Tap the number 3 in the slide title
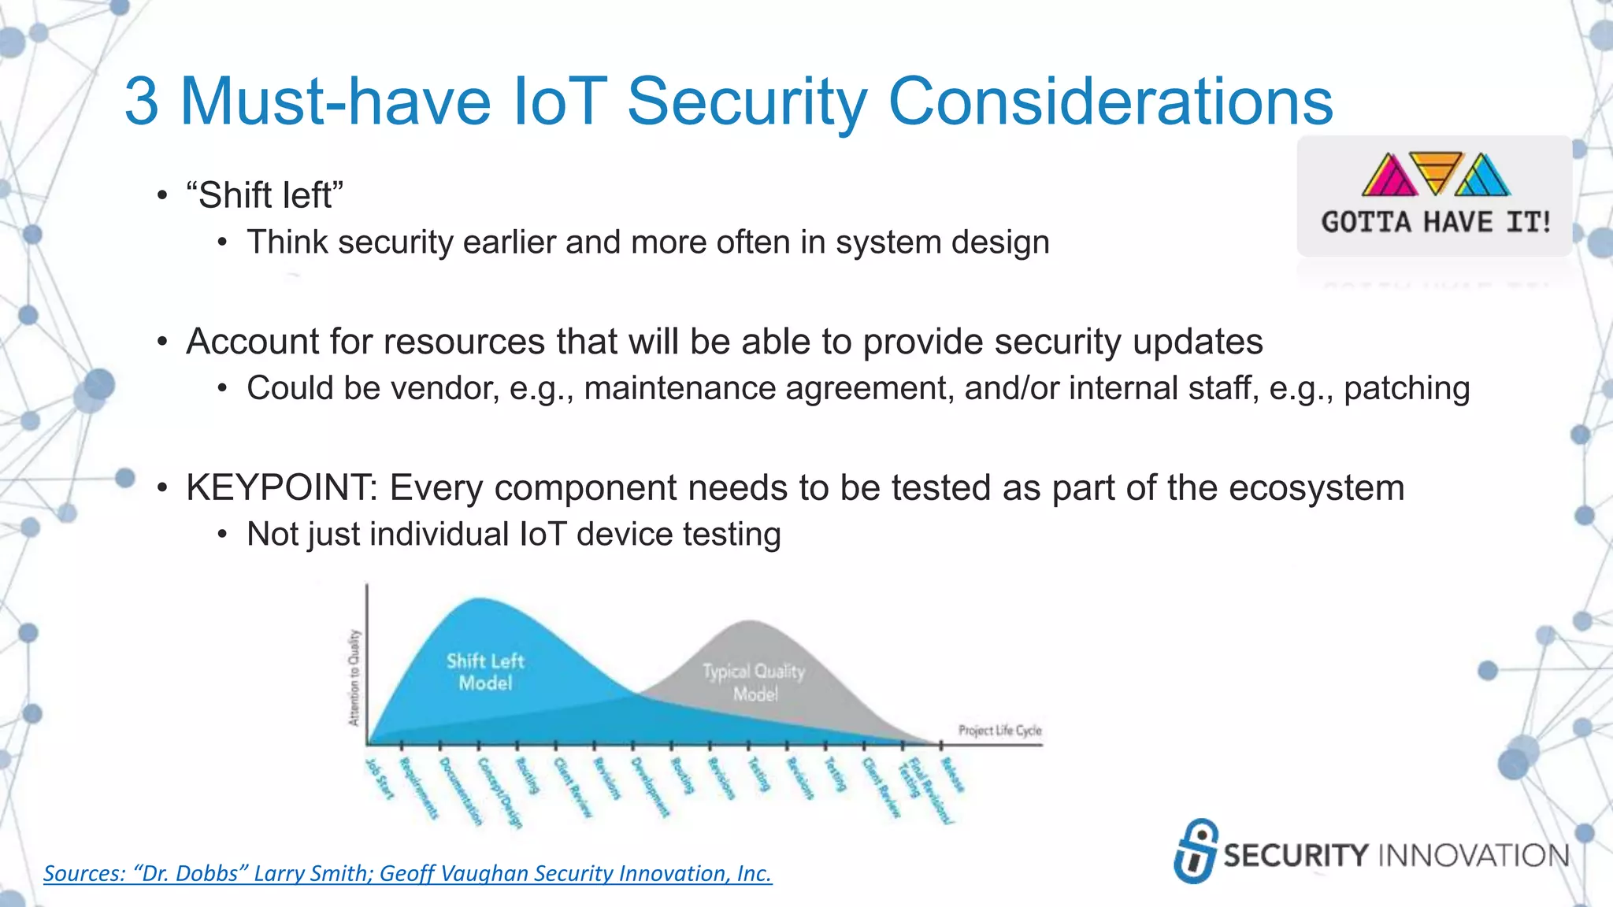142,102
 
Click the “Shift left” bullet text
265,195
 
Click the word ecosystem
1316,487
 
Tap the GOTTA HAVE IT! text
1436,222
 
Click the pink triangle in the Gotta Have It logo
1389,176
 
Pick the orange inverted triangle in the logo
1436,169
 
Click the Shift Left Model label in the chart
485,672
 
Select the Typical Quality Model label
754,682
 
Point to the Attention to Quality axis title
354,677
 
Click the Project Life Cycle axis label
999,730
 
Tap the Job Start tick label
380,779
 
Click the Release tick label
952,776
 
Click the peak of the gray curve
751,623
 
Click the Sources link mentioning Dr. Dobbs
407,873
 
